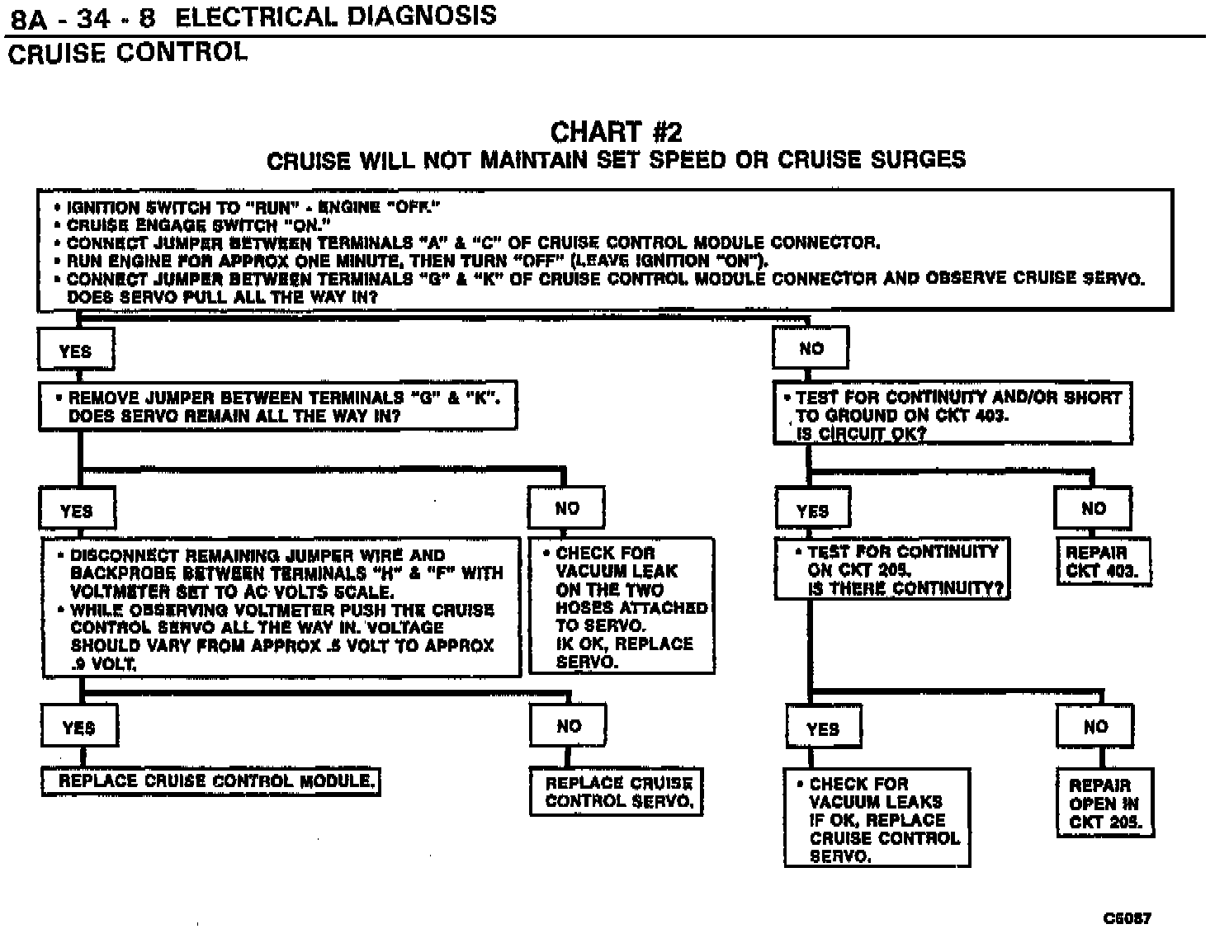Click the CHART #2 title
616,132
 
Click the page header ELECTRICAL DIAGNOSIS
336,17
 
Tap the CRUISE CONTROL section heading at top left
127,53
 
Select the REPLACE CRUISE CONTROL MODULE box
210,780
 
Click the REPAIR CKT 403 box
1103,562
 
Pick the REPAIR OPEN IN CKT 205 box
1104,804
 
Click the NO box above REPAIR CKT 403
1093,508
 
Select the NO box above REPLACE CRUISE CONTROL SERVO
569,727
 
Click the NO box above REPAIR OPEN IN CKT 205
1095,727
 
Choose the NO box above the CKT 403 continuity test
811,349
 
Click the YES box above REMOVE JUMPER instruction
75,351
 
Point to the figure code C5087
1127,917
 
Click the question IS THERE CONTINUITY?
905,588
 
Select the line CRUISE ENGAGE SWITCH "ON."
198,224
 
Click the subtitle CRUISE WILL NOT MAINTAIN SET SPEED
616,159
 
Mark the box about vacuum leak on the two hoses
622,606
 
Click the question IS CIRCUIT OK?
861,434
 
